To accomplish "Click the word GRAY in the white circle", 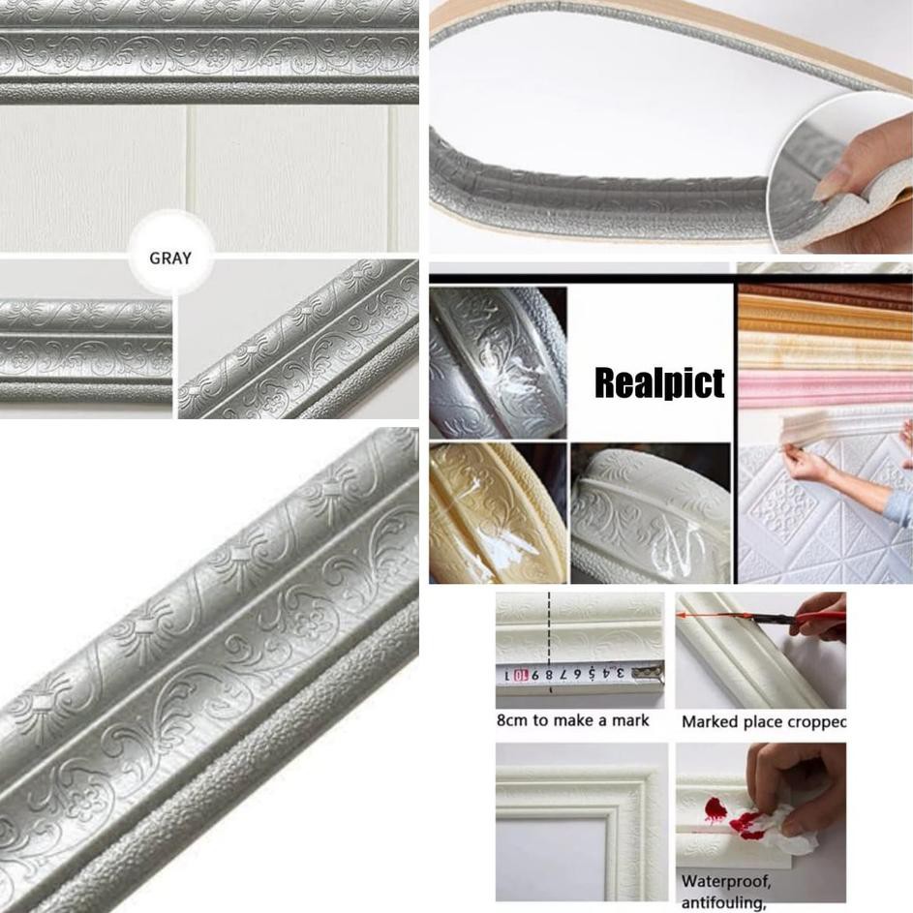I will pyautogui.click(x=170, y=259).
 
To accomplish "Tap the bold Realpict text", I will pyautogui.click(x=658, y=383).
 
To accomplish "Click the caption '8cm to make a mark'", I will pyautogui.click(x=572, y=720).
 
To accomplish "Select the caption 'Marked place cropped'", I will pyautogui.click(x=764, y=721).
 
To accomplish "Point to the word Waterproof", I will pyautogui.click(x=725, y=882).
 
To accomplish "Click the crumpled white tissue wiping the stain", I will pyautogui.click(x=784, y=823).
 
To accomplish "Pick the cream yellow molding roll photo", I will pyautogui.click(x=497, y=513).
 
